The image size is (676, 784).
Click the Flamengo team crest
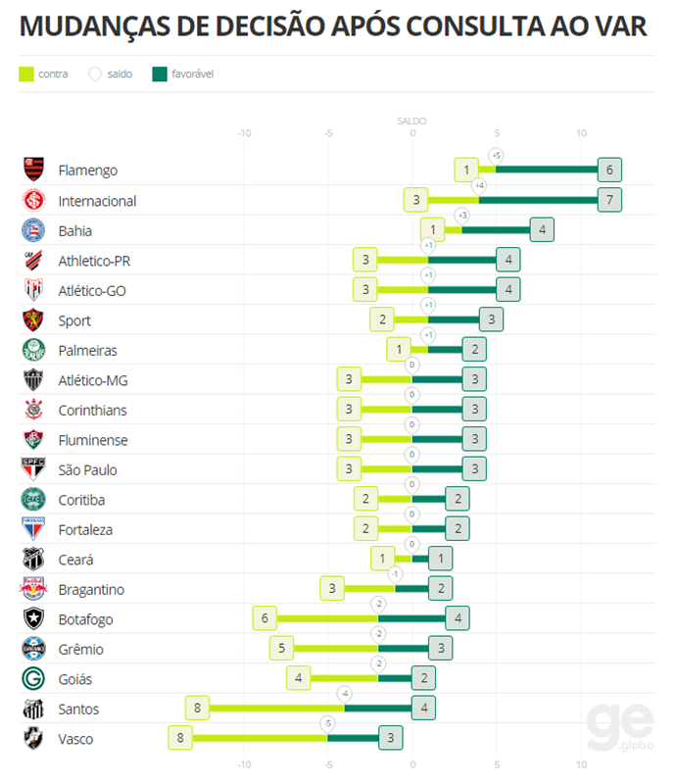pos(34,170)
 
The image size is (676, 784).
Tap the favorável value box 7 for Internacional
pos(609,200)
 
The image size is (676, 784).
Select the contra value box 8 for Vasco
pos(180,738)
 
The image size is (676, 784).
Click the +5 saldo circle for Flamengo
pos(496,155)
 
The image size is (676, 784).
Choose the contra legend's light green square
pos(26,73)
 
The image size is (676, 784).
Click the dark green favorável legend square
pos(160,73)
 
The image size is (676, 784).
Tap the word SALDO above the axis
pos(411,121)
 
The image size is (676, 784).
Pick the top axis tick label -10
pos(244,133)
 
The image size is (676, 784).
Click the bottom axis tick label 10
pos(581,764)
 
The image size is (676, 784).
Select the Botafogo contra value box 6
pos(265,618)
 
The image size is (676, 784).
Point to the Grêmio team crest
pos(34,649)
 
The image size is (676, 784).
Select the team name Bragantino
pos(91,589)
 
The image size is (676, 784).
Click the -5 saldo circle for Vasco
pos(328,723)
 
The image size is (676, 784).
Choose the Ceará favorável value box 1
pos(441,559)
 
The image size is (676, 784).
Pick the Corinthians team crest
pos(34,410)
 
